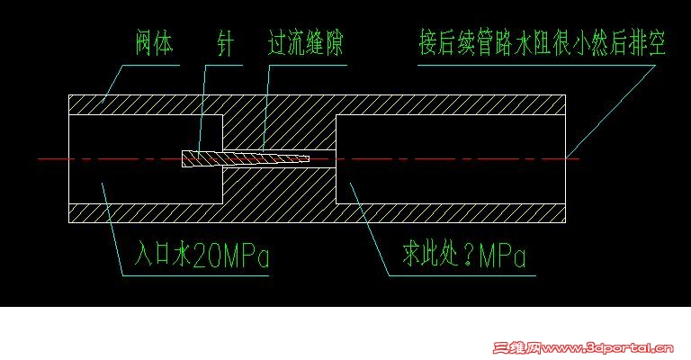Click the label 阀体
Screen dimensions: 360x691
tap(154, 43)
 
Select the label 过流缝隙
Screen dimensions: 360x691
tap(306, 43)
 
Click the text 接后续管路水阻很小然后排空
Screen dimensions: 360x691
tap(543, 43)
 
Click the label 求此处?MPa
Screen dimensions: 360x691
tap(464, 257)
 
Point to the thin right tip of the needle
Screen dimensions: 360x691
tap(301, 159)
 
